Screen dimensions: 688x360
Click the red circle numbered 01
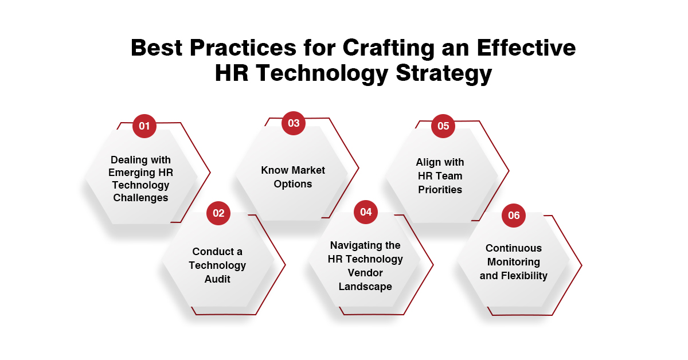tap(144, 126)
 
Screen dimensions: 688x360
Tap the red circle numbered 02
tap(218, 213)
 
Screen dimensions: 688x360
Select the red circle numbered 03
tap(294, 123)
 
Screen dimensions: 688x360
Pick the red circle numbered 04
tap(366, 212)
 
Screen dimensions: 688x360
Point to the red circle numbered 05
tap(443, 126)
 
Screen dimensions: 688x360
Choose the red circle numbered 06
tap(514, 216)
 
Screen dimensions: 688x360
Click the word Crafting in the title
tap(389, 49)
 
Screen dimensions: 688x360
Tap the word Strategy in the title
tap(444, 75)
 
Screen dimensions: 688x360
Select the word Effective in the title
tap(526, 48)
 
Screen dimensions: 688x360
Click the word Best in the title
tap(157, 48)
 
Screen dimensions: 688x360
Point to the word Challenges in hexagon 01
tap(140, 198)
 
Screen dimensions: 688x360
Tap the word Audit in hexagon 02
tap(217, 279)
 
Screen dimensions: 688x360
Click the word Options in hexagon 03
tap(293, 184)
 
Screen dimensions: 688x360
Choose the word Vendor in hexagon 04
tap(365, 273)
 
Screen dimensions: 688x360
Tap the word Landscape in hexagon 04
tap(365, 287)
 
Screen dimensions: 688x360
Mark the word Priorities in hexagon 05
tap(440, 190)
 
